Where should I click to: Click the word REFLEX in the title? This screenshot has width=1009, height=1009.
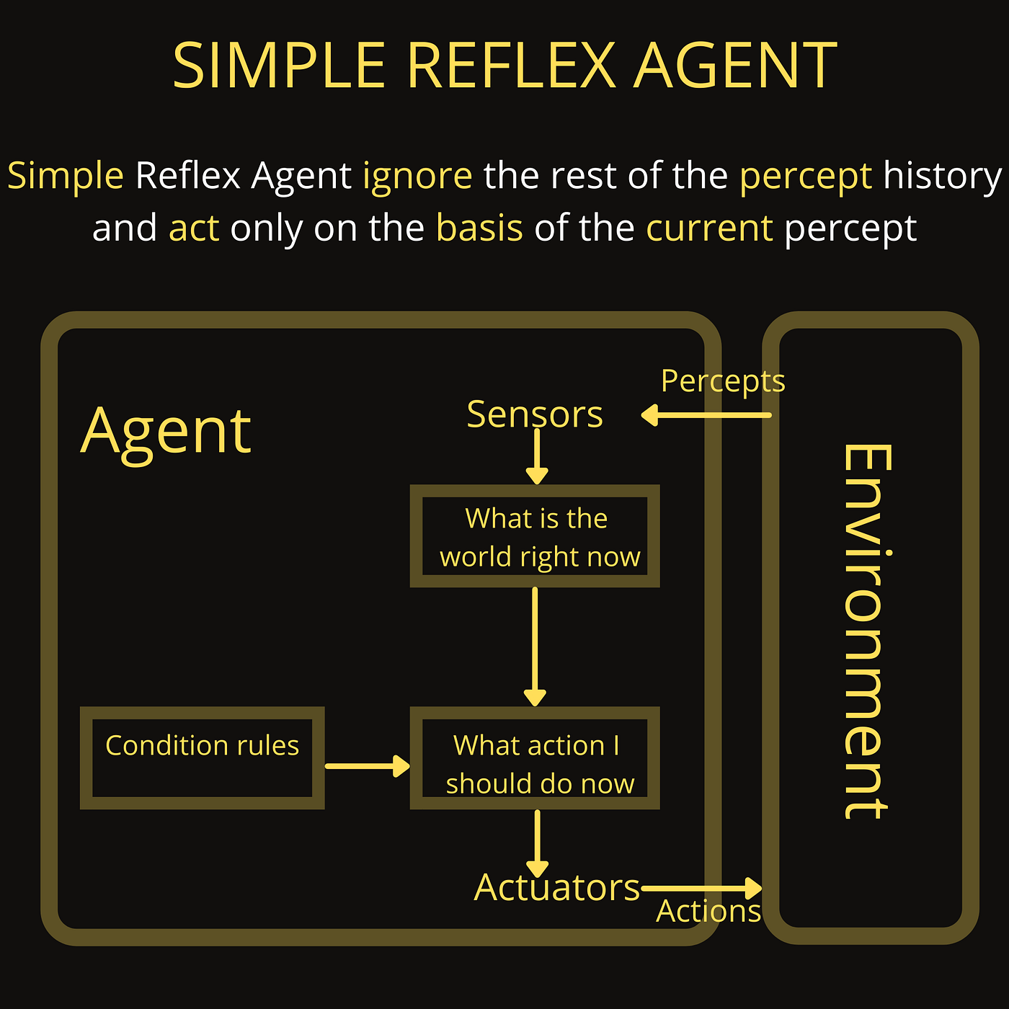click(x=512, y=66)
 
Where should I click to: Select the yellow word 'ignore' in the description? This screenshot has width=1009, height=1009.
click(x=417, y=176)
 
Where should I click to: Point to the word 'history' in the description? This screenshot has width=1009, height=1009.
click(x=943, y=176)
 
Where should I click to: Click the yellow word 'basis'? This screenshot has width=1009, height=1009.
click(x=479, y=228)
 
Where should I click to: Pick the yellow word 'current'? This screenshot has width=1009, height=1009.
click(x=709, y=228)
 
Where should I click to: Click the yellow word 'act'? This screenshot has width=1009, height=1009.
click(x=194, y=228)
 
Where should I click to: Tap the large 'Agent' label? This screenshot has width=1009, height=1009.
click(x=166, y=431)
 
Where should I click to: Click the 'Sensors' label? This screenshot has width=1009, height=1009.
click(x=535, y=414)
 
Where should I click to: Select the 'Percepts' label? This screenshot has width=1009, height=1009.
click(x=723, y=381)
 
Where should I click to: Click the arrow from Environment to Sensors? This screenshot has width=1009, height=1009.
click(x=706, y=415)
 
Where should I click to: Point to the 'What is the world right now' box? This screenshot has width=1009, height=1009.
click(x=535, y=536)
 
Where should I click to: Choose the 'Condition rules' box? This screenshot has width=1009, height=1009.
click(x=202, y=757)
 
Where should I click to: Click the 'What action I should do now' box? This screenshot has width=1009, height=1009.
click(x=535, y=757)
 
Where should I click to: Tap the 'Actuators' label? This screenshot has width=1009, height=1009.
click(x=557, y=887)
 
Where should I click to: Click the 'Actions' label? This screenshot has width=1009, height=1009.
click(x=708, y=912)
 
